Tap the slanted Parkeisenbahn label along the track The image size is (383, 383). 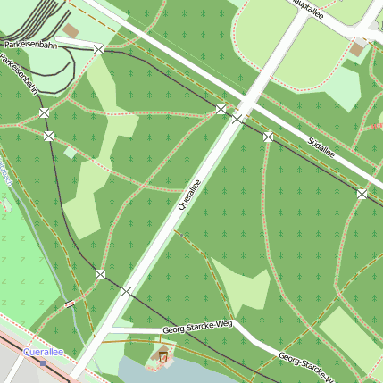click(x=19, y=74)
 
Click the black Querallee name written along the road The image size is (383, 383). click(x=189, y=194)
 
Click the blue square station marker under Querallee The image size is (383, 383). click(x=42, y=362)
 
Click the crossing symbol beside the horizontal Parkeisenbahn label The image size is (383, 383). click(x=97, y=49)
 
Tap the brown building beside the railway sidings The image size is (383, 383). click(x=71, y=30)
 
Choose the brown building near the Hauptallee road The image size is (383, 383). click(x=358, y=49)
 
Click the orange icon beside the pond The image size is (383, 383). click(x=162, y=357)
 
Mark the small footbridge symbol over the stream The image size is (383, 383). click(x=69, y=304)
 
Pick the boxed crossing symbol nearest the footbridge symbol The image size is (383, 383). click(x=100, y=274)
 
